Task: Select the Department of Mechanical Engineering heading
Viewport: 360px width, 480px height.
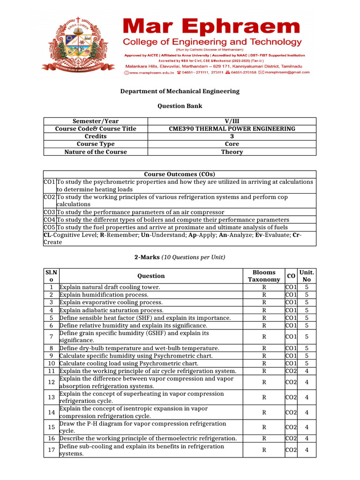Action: tap(180, 91)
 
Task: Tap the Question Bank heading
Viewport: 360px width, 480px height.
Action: tap(180, 106)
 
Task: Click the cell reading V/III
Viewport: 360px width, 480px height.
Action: tap(232, 121)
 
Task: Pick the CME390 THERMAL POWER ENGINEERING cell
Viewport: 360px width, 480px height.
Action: tap(232, 129)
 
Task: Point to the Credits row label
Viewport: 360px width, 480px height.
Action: tap(96, 136)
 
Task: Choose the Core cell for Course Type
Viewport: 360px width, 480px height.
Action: tap(232, 144)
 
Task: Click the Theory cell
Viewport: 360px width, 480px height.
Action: tap(232, 152)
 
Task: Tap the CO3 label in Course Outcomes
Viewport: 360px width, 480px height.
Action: tap(50, 212)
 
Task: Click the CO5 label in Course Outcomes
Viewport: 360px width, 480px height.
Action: tap(50, 227)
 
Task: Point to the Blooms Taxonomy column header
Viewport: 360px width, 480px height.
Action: tap(264, 276)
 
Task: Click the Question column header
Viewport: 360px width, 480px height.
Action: tap(151, 276)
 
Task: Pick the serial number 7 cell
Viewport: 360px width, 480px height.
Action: tap(51, 337)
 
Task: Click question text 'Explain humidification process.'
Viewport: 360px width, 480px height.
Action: tap(104, 295)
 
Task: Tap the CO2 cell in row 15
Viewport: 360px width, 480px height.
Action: tap(291, 427)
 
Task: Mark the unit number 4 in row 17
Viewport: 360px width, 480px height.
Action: tap(307, 450)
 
